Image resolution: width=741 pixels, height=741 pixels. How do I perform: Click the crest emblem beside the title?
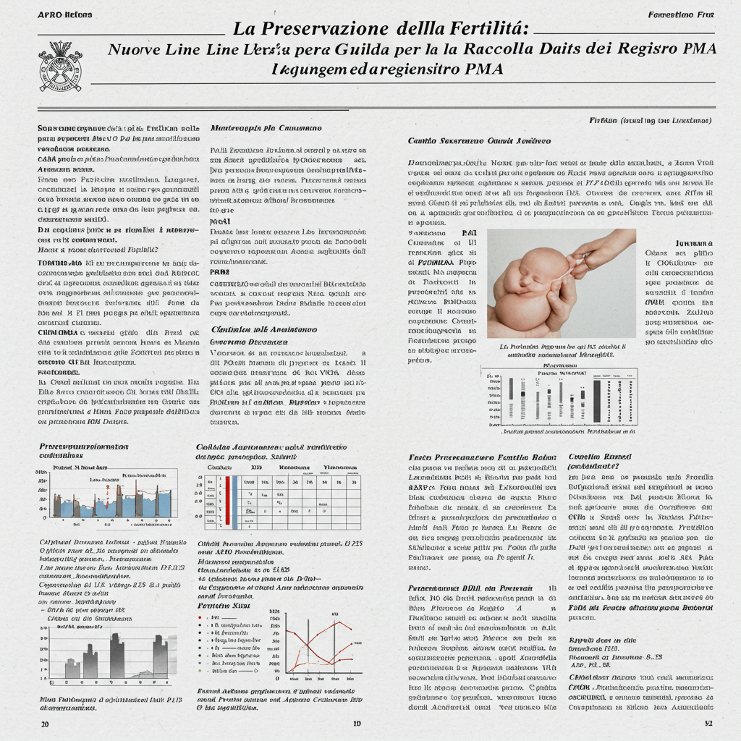pos(60,67)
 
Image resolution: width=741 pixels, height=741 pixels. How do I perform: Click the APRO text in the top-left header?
pos(50,15)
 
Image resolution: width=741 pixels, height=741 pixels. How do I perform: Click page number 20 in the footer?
pos(45,724)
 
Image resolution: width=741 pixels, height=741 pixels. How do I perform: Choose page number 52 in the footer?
pos(708,724)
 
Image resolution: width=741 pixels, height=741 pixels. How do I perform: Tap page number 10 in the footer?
pos(357,724)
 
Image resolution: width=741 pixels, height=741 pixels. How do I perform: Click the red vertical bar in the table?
pos(227,500)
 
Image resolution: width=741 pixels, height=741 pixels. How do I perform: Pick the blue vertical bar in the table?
pos(235,500)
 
